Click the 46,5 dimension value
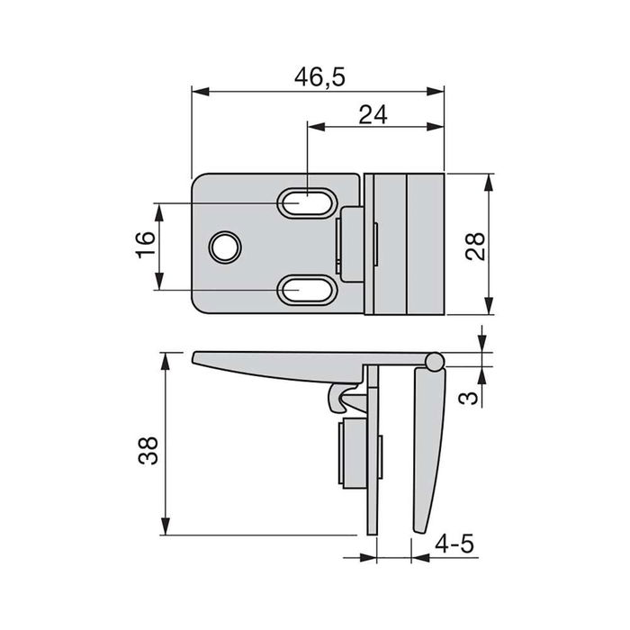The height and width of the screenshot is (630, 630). (319, 76)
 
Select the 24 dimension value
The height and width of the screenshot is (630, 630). (373, 115)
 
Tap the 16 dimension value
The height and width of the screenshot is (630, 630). (145, 246)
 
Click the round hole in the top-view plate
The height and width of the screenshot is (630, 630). (224, 246)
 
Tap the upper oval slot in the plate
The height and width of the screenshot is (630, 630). (303, 203)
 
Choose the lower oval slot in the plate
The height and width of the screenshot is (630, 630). (303, 290)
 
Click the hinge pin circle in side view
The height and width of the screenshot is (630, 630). (434, 361)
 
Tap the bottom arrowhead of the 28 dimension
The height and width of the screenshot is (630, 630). (489, 307)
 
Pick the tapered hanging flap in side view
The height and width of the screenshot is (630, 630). (427, 441)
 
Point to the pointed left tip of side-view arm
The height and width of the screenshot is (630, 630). (195, 359)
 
